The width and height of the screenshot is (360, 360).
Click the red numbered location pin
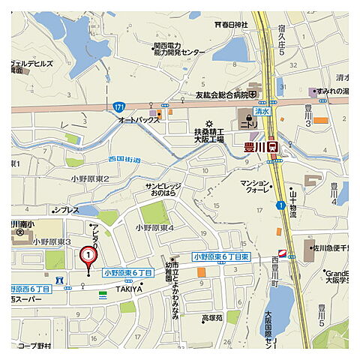[x=88, y=257]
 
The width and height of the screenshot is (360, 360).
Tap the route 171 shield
[x=121, y=107]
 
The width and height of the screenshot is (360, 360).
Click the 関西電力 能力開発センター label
[x=174, y=49]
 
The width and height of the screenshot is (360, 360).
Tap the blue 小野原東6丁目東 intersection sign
[x=221, y=256]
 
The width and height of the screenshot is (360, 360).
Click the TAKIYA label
[x=129, y=288]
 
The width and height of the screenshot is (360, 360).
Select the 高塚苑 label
[x=213, y=318]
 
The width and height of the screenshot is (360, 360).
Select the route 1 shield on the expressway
[x=279, y=205]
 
